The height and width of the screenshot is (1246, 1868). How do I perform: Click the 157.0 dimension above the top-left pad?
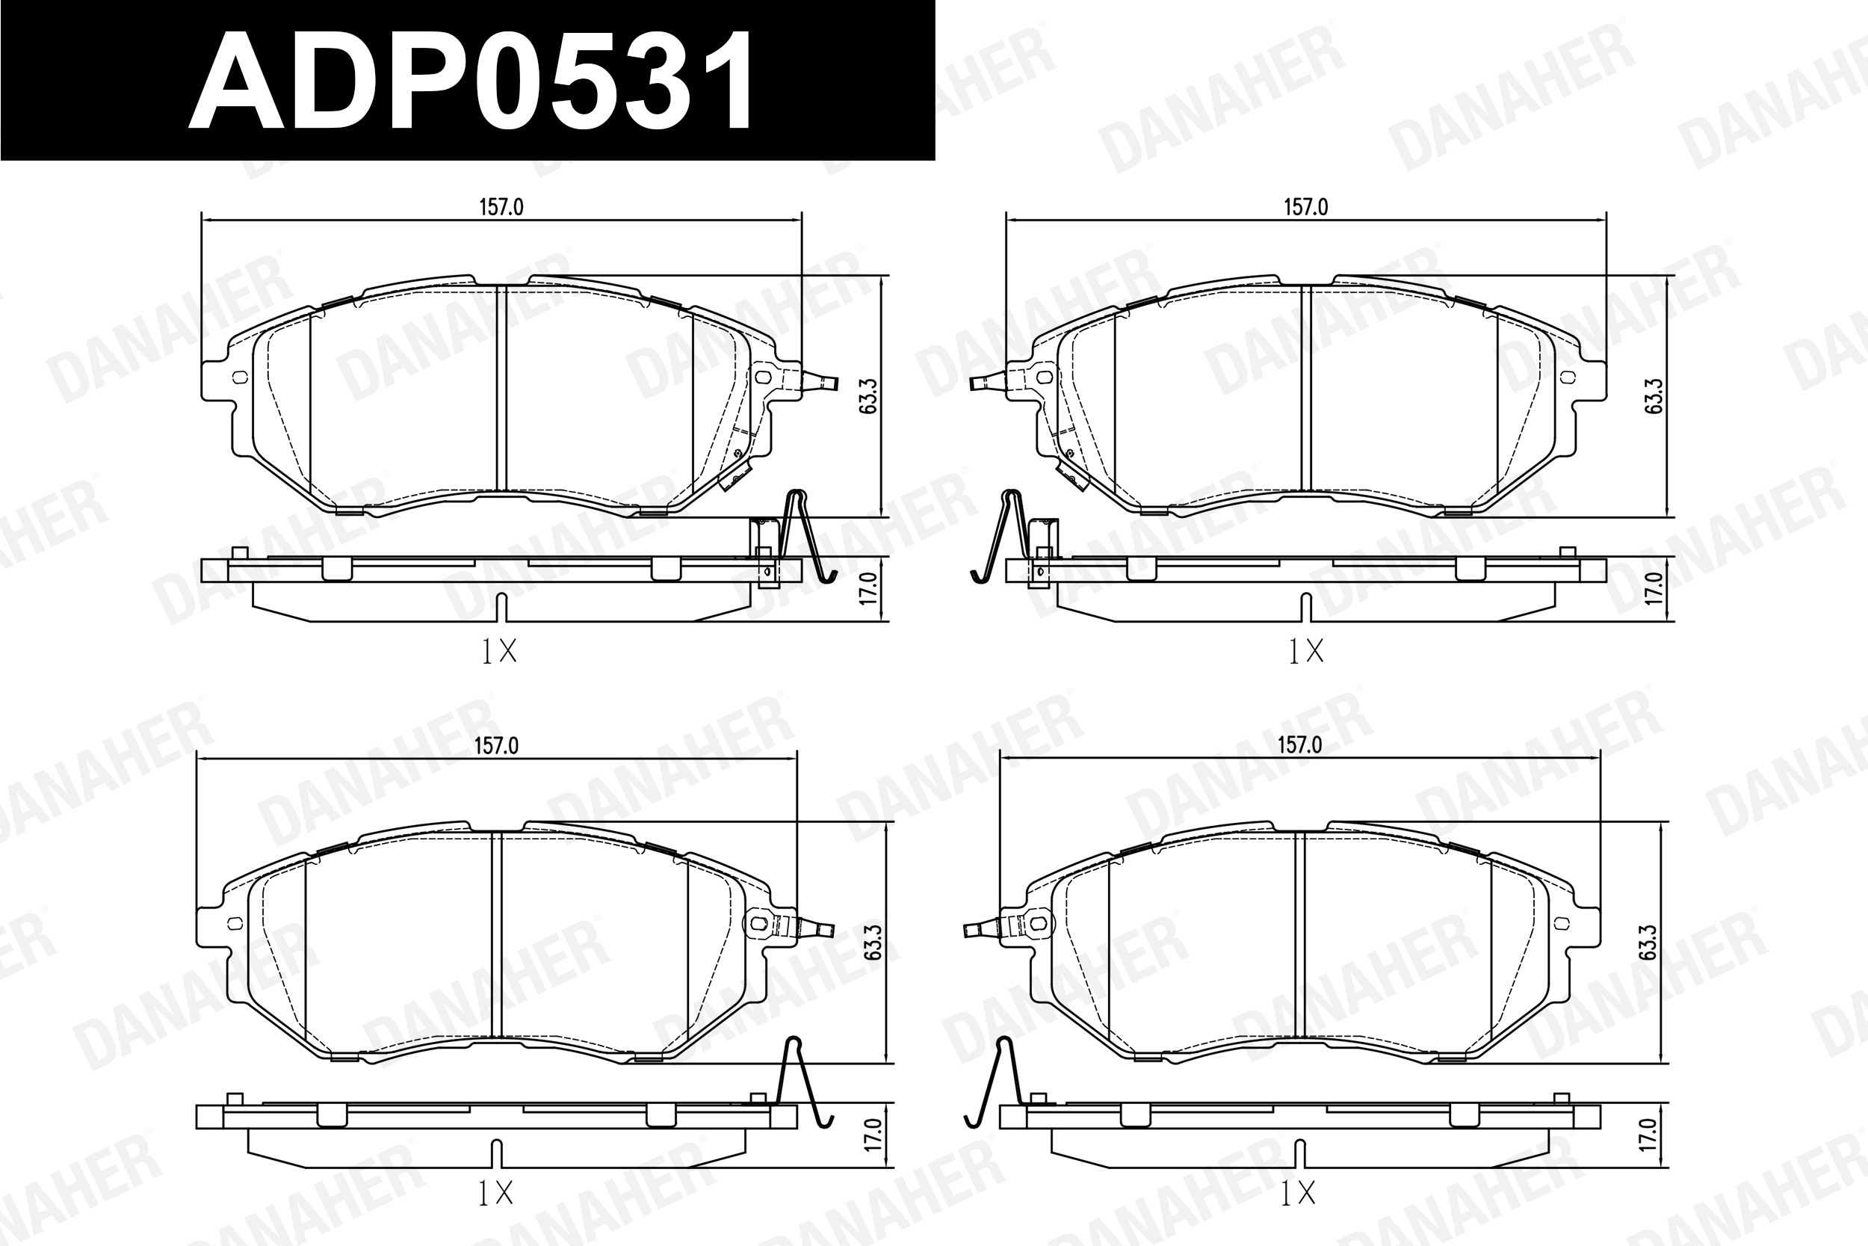coord(501,207)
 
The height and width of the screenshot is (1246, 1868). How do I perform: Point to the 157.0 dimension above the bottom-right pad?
coord(1299,744)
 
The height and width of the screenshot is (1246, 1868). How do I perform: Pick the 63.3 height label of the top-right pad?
coord(1654,395)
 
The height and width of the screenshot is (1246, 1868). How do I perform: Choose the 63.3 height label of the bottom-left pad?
coord(873,943)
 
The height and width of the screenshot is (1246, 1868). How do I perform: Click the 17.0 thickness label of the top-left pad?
coord(868,588)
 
